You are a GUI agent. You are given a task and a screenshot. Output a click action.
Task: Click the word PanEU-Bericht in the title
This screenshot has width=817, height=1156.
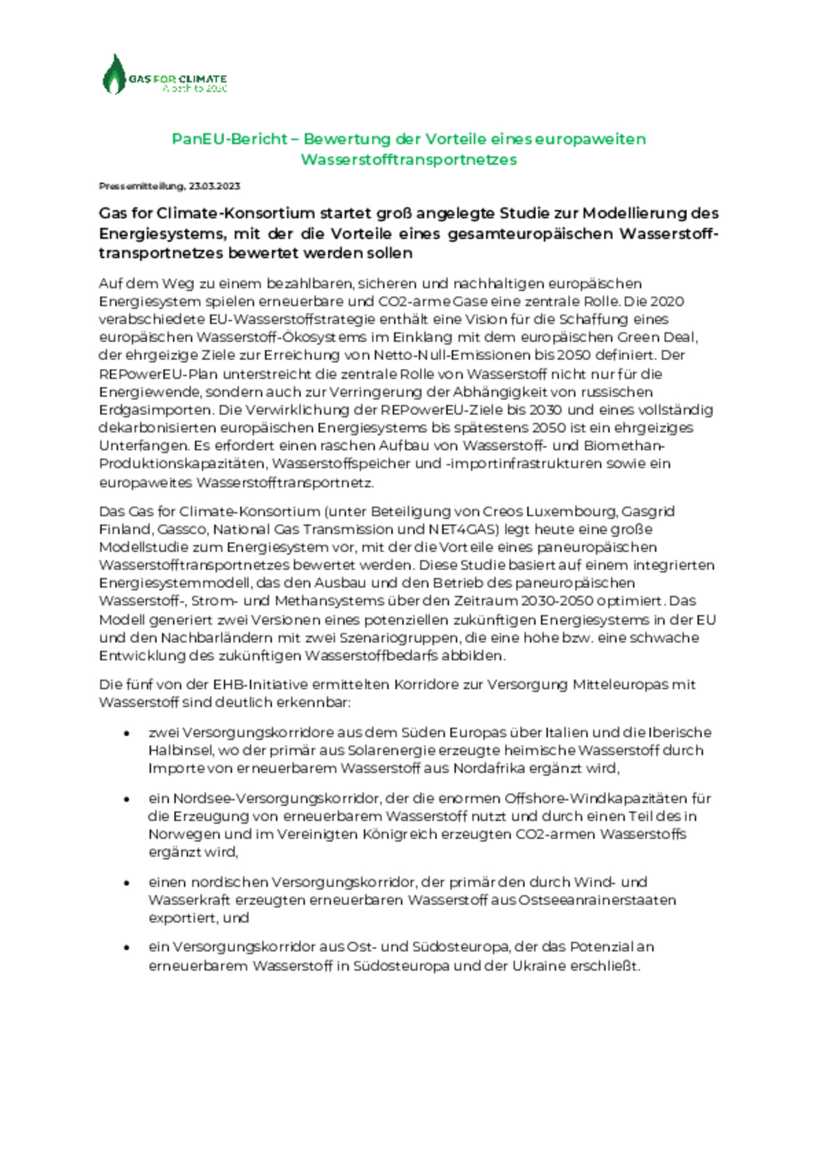(230, 140)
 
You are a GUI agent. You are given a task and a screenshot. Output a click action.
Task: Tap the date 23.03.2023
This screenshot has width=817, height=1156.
(214, 186)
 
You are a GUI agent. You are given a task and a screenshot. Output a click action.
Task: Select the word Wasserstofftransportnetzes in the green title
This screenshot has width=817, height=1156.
(408, 160)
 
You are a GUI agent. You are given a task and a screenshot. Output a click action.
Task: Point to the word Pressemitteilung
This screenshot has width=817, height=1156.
(141, 186)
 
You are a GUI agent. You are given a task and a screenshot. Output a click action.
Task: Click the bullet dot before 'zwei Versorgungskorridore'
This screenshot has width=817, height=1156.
(127, 733)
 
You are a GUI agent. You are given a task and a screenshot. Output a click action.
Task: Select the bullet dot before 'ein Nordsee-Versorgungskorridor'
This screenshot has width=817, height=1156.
(127, 799)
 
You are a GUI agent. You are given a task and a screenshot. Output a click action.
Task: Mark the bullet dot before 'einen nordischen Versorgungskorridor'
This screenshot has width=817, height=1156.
(127, 883)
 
